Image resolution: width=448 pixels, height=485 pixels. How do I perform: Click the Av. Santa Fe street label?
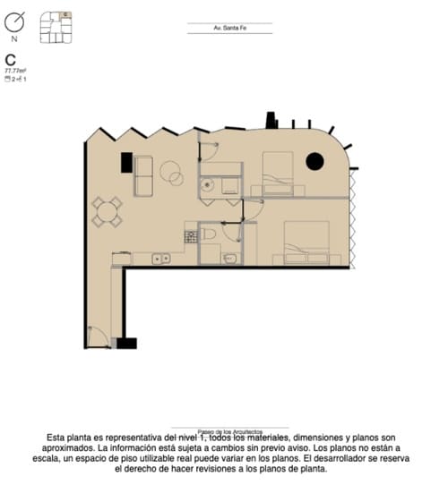coord(229,29)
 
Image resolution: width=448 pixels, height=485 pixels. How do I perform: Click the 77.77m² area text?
coord(15,70)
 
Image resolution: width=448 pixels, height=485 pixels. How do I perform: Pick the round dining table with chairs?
coord(107,212)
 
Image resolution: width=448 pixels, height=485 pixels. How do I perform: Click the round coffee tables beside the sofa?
coord(171,172)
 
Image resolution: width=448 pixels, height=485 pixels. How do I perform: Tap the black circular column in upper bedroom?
coord(314,161)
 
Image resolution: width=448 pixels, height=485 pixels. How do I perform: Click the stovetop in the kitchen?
coord(190,237)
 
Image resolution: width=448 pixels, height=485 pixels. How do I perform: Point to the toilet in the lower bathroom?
coord(209,234)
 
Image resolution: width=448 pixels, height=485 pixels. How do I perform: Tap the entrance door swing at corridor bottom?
coord(98,337)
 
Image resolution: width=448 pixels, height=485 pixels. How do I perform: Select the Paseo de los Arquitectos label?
coord(229,430)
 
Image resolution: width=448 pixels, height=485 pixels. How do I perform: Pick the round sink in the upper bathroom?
coord(207,186)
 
